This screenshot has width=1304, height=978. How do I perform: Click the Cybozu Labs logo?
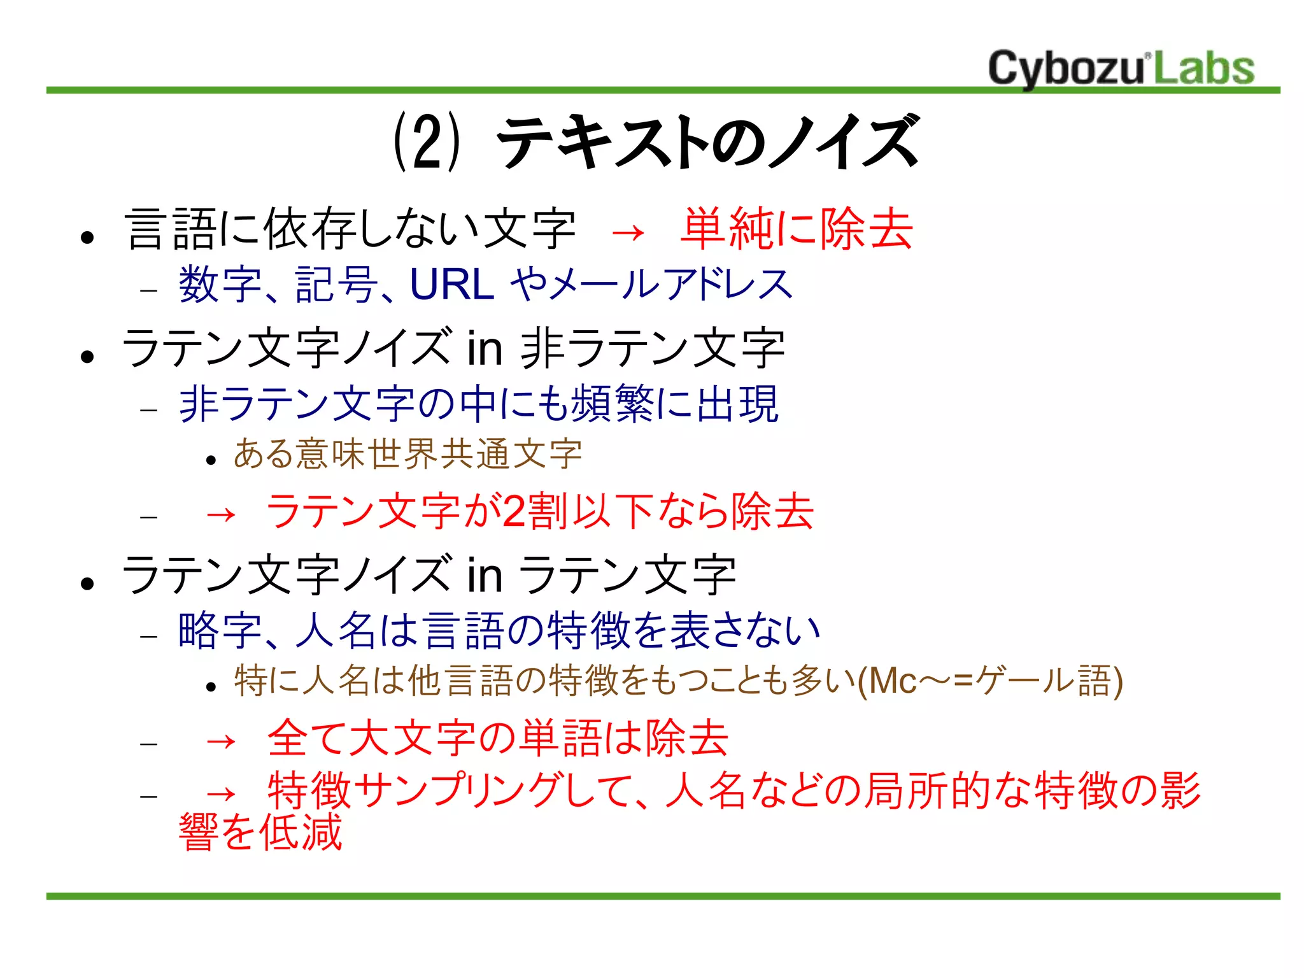(1121, 67)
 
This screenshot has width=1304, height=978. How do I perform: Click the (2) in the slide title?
(425, 141)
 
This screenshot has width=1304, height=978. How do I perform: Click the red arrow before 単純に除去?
(628, 233)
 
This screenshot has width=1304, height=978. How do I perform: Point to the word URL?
(452, 284)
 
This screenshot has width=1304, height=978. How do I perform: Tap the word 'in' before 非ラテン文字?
(485, 348)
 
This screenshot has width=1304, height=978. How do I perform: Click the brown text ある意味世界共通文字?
(407, 454)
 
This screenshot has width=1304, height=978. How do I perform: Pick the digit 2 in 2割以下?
(513, 511)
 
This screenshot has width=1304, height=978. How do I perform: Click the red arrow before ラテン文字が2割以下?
(221, 514)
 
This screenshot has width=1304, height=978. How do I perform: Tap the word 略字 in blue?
(220, 630)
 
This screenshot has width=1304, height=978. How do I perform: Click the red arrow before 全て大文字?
(221, 741)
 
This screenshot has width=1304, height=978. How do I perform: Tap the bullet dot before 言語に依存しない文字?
(88, 238)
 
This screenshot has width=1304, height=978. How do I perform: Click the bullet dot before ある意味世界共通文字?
(212, 460)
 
